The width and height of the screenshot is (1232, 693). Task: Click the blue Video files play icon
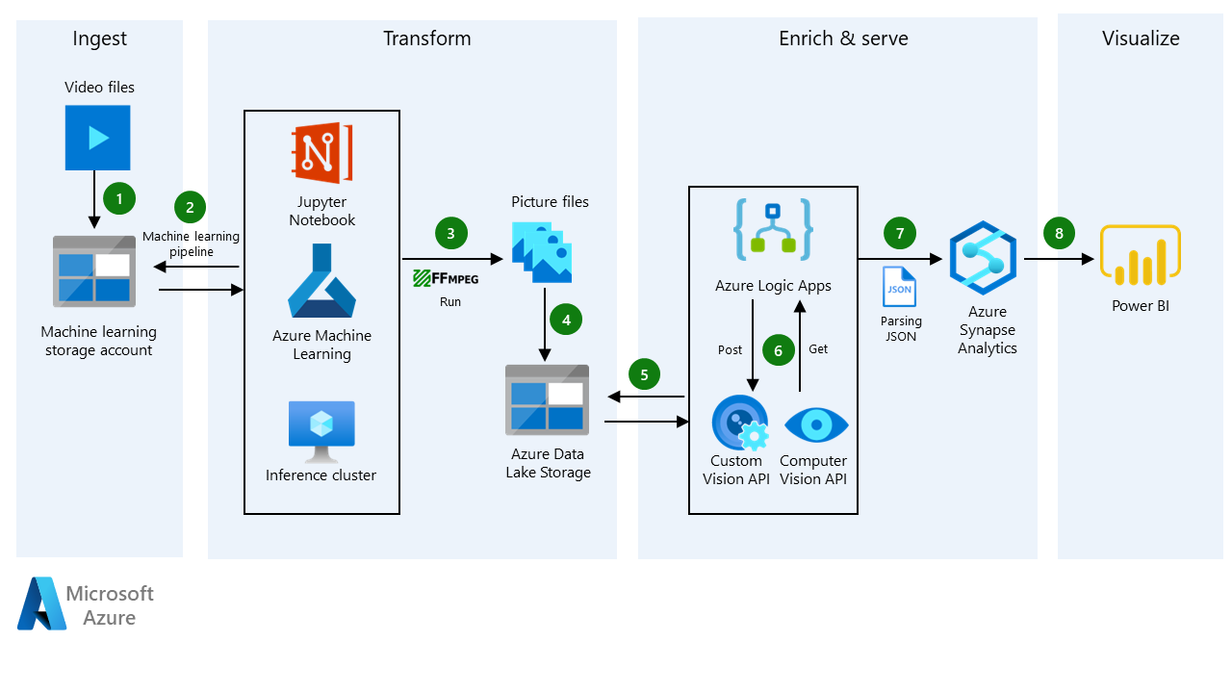97,138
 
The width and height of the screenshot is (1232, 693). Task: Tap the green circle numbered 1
119,199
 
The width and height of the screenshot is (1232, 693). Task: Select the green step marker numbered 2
190,206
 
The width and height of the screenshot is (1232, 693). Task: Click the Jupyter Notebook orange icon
321,153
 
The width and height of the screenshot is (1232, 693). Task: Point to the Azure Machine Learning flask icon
321,281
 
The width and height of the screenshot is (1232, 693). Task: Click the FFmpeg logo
446,279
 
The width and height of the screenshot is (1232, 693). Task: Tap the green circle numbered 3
450,232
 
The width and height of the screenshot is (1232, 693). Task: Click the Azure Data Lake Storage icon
547,400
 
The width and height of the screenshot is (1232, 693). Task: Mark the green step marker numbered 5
645,373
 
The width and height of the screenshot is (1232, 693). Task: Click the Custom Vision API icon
739,423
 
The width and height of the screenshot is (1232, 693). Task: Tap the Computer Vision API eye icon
816,423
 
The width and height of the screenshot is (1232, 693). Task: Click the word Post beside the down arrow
731,349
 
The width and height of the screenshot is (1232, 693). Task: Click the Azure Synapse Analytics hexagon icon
983,256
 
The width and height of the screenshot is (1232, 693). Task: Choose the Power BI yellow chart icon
1141,255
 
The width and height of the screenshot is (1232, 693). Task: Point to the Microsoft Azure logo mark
41,604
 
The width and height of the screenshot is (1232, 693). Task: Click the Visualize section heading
1141,38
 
